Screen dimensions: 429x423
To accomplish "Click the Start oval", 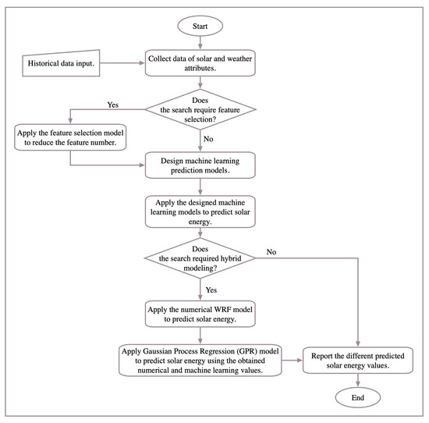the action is point(200,26).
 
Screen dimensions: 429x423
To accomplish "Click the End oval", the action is point(357,397).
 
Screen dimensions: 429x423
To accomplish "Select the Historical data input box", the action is point(61,63).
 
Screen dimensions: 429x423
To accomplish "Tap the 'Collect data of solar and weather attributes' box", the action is point(200,63).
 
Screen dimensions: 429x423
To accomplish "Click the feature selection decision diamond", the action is point(200,109).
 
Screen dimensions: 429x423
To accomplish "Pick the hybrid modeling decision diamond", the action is point(200,258).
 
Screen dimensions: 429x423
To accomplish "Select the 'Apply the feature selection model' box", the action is point(70,137).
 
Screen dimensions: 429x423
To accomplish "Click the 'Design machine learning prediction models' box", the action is point(200,165).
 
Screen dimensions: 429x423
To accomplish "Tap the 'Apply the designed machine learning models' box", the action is point(200,211).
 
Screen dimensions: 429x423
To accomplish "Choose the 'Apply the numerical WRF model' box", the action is point(200,314).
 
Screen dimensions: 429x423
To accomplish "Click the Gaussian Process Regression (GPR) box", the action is point(200,361).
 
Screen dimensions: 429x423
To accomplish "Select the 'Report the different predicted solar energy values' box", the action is point(357,361).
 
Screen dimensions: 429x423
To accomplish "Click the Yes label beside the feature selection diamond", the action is point(113,105).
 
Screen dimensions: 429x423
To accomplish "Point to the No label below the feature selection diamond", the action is point(208,139).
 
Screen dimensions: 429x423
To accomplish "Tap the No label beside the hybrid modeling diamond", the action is point(271,252).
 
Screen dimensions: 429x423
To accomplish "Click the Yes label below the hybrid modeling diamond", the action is point(211,290).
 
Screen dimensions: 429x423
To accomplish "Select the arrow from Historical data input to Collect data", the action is point(122,63).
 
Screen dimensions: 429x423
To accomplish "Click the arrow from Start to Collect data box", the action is point(200,43).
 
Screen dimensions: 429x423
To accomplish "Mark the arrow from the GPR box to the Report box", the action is point(292,361).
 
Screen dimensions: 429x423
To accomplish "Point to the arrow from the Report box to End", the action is point(357,380).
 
